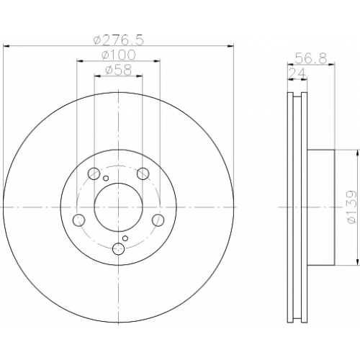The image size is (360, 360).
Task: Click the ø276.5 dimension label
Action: (x=119, y=40)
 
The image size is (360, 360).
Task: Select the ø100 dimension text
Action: (x=119, y=55)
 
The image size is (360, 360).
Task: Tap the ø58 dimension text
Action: (x=119, y=71)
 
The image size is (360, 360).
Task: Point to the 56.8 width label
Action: (x=311, y=58)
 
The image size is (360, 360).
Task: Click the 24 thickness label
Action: (x=297, y=73)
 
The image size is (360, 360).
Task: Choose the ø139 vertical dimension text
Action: (x=351, y=207)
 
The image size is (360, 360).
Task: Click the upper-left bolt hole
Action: (x=94, y=174)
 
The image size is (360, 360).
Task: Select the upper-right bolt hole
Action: (x=143, y=174)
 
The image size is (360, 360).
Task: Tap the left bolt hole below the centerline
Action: (x=78, y=220)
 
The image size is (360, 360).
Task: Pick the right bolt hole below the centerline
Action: (x=158, y=220)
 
